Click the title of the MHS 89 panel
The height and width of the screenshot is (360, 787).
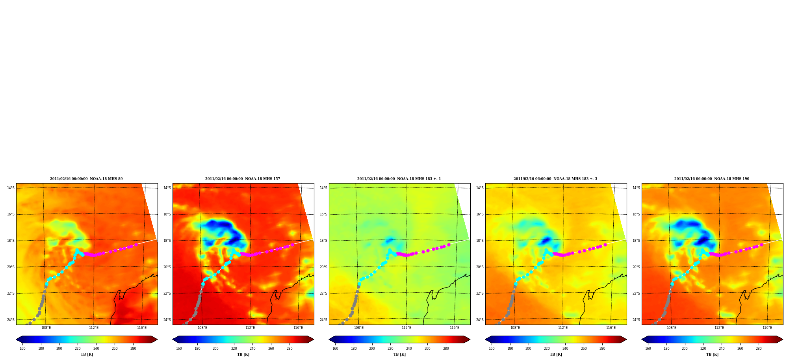coord(86,179)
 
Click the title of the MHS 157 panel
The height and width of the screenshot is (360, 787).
coord(243,179)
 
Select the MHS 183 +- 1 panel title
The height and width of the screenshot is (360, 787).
coord(399,179)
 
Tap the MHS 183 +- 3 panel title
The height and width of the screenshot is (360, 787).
coord(555,179)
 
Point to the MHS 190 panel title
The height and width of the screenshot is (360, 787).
coord(712,179)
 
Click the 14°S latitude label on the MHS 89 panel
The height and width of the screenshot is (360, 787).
coord(11,188)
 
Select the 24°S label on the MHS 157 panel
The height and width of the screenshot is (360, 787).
coord(167,320)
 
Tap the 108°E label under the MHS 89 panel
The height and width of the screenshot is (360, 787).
coord(46,328)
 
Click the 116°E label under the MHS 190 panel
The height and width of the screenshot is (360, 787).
coord(767,328)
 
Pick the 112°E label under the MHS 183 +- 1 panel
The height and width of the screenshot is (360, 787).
coord(406,328)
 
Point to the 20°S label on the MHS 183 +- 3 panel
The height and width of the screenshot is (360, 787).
coord(480,267)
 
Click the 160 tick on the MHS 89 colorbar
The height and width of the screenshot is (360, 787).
coord(22,348)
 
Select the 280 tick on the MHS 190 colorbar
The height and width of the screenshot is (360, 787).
coord(759,348)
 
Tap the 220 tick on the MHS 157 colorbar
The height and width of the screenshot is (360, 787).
coord(234,348)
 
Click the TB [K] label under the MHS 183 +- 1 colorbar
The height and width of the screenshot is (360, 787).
coord(399,354)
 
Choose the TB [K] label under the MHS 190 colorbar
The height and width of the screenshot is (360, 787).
coord(712,354)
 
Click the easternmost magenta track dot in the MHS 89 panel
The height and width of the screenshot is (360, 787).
coord(136,245)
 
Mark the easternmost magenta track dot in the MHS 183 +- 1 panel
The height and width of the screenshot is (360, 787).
coord(449,245)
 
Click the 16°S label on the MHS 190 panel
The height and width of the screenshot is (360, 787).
coord(636,214)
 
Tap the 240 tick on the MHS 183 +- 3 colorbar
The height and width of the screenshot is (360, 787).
coord(565,348)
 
